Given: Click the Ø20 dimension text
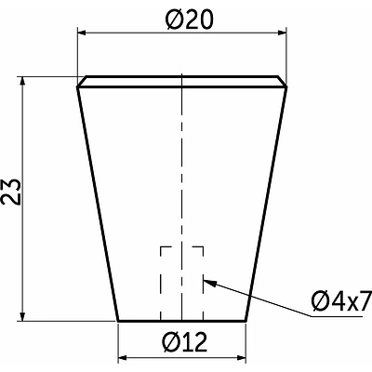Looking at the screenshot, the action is pos(189,20).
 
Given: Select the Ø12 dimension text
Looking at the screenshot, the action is pos(184,342).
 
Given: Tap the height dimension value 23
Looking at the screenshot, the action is pos(12,192).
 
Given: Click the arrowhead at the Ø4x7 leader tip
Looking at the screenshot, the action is pos(209,283).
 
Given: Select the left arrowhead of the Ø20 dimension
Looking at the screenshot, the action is pos(82,33).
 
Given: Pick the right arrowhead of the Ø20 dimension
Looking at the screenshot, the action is pos(282,33).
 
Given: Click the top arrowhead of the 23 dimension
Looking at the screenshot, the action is pos(22,81).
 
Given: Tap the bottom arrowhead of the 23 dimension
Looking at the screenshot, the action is pos(22,316).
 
